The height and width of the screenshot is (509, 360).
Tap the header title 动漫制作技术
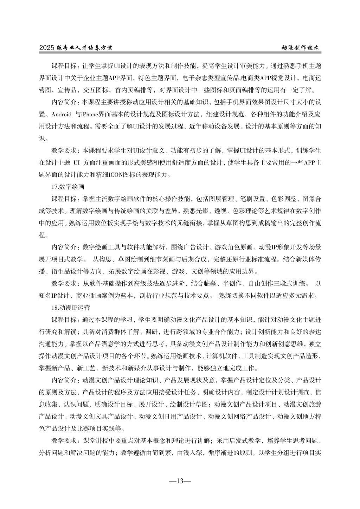coord(301,48)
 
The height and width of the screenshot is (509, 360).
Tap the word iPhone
coord(92,115)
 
